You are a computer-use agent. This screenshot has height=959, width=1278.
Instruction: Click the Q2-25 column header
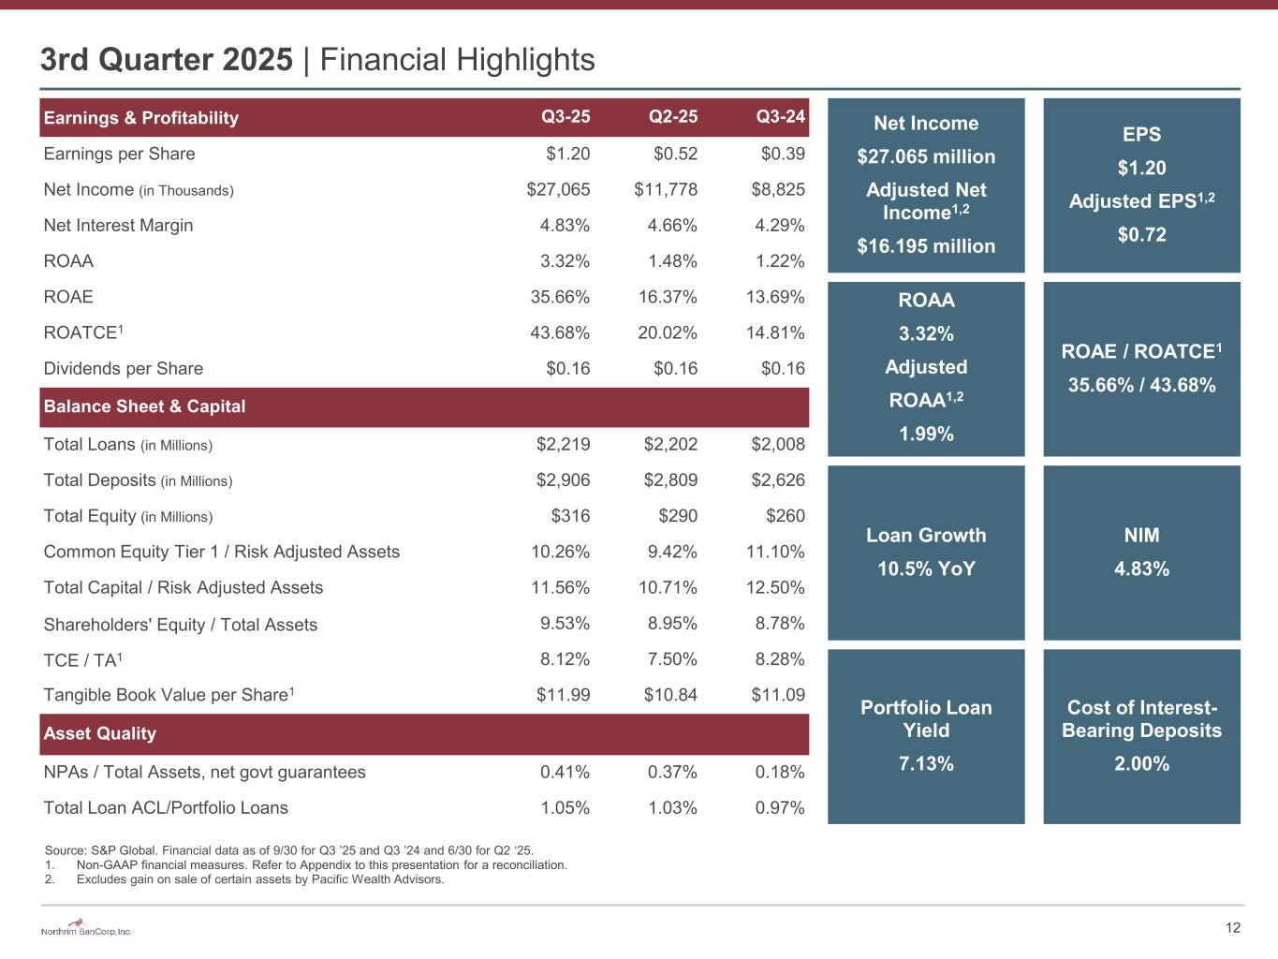point(672,118)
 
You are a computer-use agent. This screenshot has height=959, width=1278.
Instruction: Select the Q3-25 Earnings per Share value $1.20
point(567,155)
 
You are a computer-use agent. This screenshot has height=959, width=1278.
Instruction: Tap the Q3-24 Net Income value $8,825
point(778,190)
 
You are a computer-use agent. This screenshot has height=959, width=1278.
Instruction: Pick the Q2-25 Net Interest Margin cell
point(672,226)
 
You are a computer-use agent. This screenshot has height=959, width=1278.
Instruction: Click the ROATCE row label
point(83,332)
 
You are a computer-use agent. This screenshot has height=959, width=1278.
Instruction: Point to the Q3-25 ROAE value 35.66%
point(560,297)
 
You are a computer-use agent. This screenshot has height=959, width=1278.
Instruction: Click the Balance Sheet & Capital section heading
point(144,406)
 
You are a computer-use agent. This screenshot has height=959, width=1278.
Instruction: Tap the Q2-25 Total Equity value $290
point(677,516)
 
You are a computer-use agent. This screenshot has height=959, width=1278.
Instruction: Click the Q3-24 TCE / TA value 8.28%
point(780,659)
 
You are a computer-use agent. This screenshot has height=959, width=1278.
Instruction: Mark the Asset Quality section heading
point(99,733)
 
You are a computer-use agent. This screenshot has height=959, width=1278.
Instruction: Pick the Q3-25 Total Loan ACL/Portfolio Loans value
point(565,807)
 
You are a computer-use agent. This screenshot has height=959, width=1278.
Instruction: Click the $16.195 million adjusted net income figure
point(926,246)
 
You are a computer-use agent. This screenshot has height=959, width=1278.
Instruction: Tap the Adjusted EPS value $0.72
point(1141,235)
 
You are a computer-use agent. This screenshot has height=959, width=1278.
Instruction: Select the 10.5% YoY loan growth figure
point(926,569)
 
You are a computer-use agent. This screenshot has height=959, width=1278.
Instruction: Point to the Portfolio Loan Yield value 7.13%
point(926,764)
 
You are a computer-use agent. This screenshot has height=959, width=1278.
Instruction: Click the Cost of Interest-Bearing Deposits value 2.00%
point(1141,764)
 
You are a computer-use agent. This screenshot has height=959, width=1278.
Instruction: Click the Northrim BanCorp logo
point(86,929)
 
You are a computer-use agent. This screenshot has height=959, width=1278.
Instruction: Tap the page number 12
point(1232,928)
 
